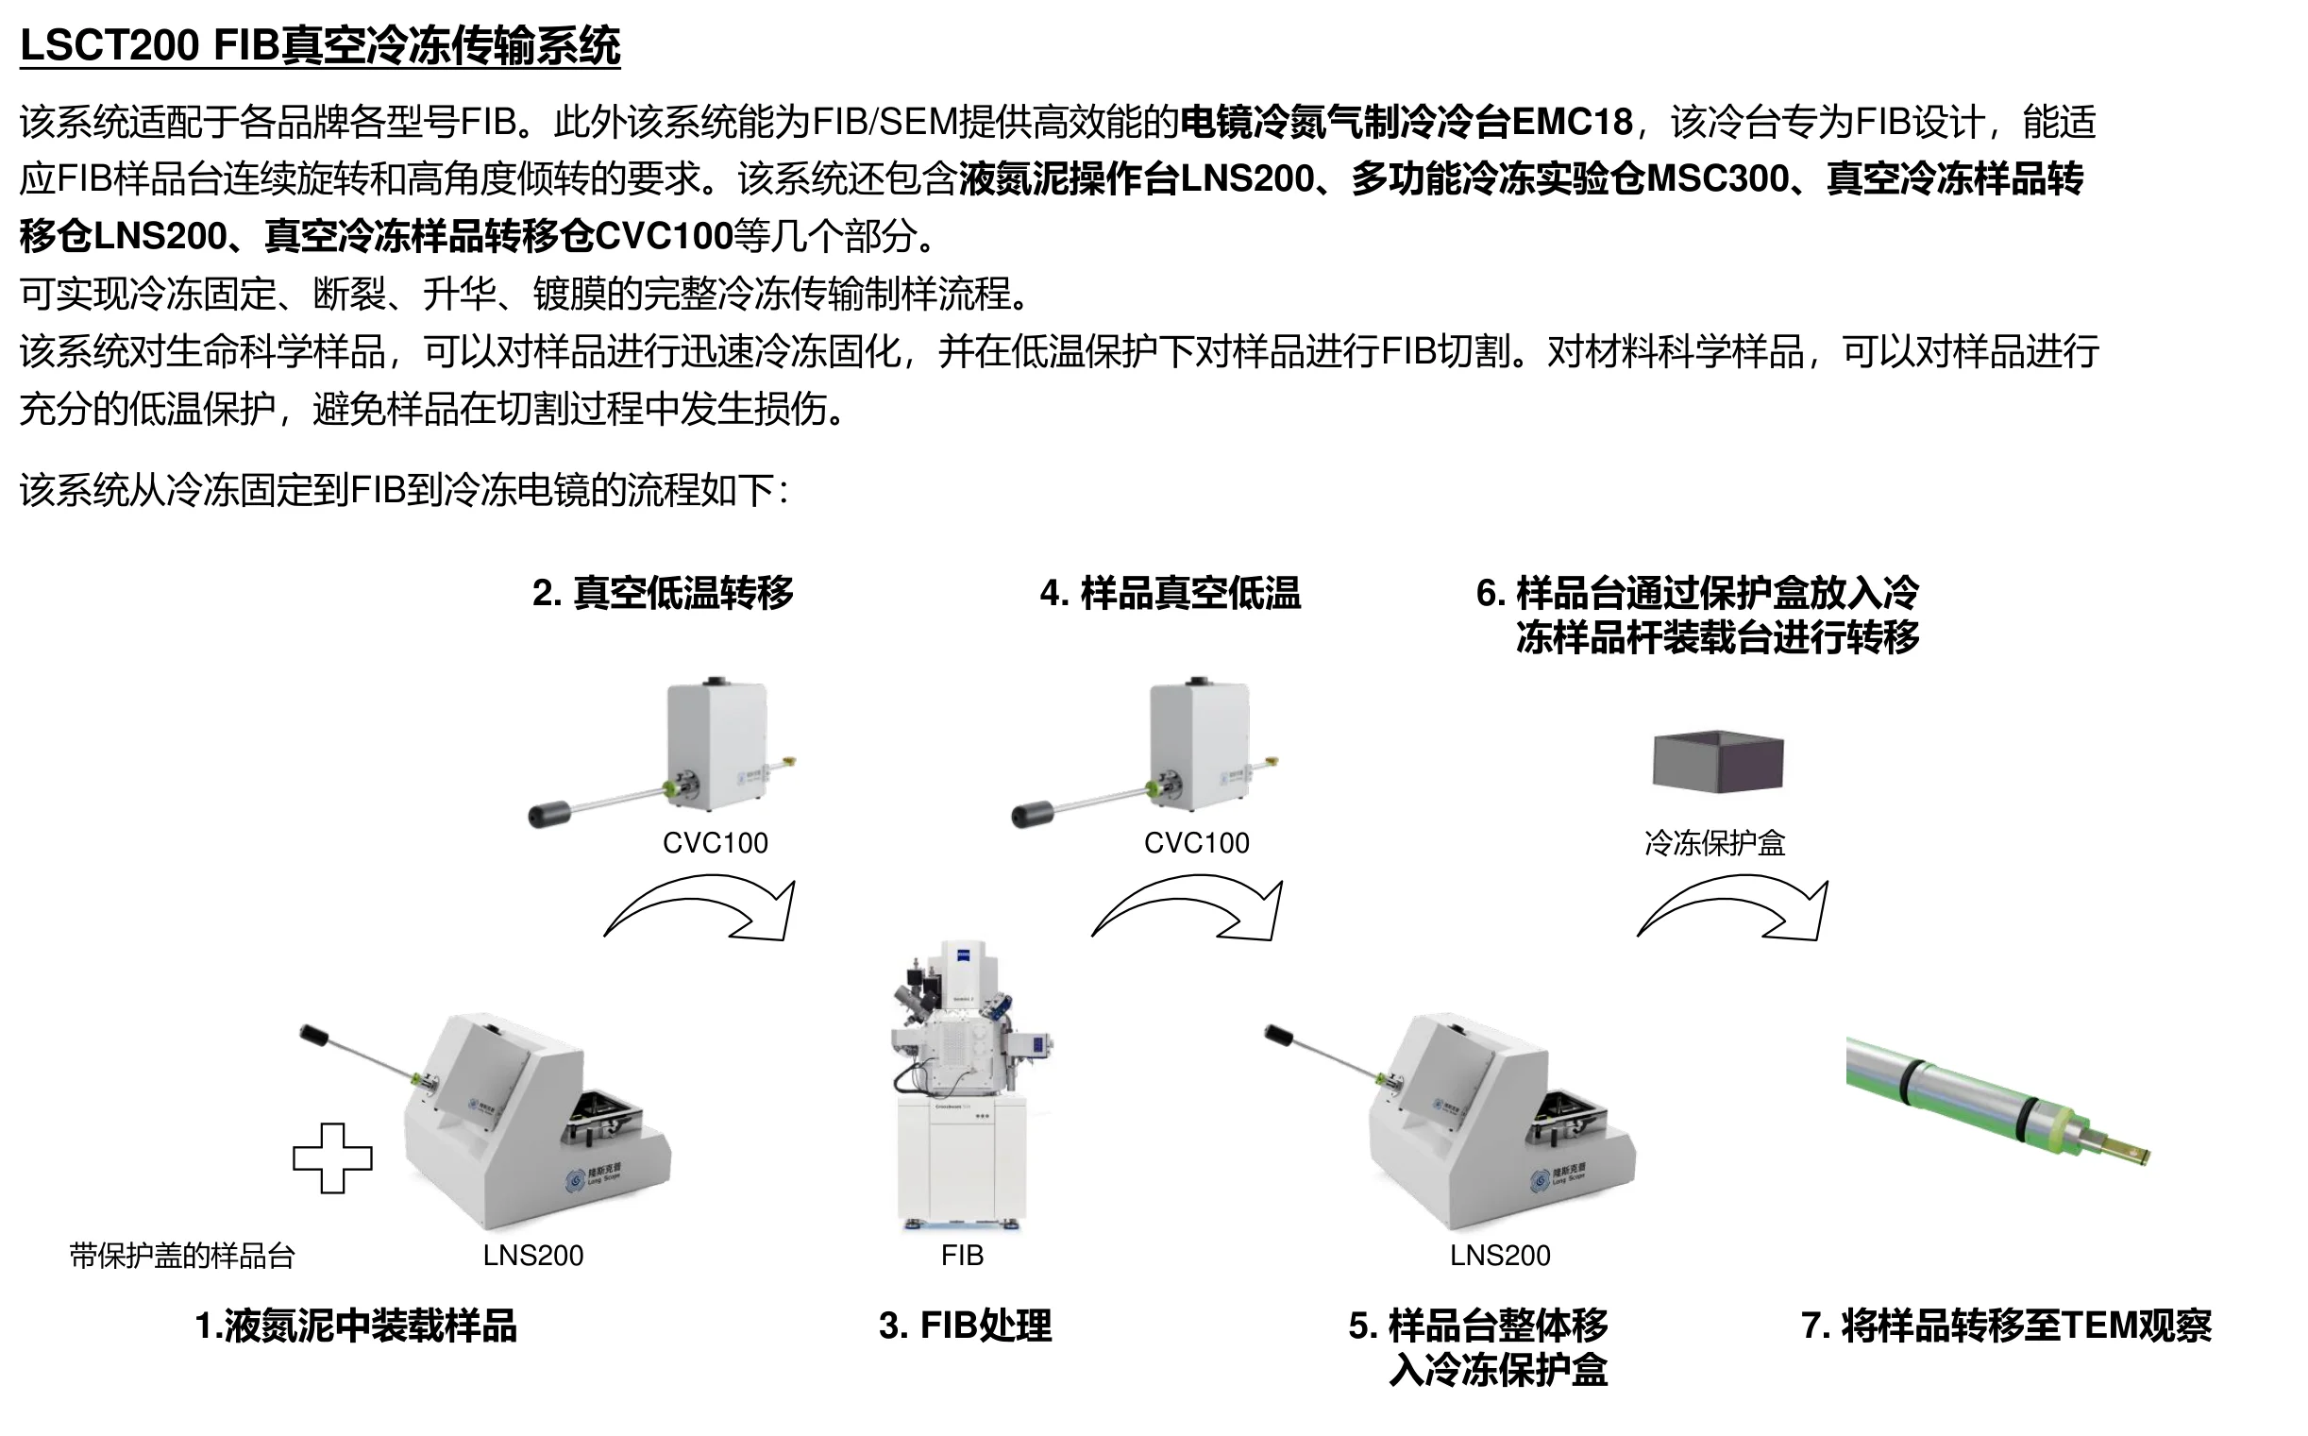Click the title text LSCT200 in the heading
(x=110, y=45)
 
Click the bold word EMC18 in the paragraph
(x=1571, y=122)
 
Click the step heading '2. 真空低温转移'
(x=663, y=593)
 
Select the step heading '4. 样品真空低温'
(x=1170, y=593)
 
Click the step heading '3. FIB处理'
(x=965, y=1326)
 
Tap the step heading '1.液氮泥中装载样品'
(x=355, y=1326)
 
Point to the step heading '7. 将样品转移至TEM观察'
(x=2005, y=1326)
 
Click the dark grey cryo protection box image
(x=1717, y=760)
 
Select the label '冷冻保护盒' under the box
(x=1714, y=842)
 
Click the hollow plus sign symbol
(x=332, y=1157)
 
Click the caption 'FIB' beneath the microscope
(x=962, y=1256)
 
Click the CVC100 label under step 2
(x=715, y=842)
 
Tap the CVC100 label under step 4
(x=1196, y=842)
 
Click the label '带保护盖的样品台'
(x=182, y=1256)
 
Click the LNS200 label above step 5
(x=1499, y=1256)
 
